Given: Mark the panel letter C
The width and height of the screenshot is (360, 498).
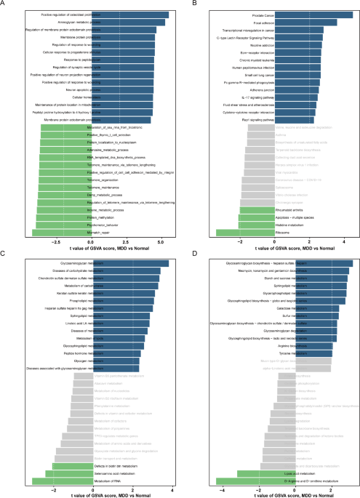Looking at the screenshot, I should (x=5, y=252).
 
